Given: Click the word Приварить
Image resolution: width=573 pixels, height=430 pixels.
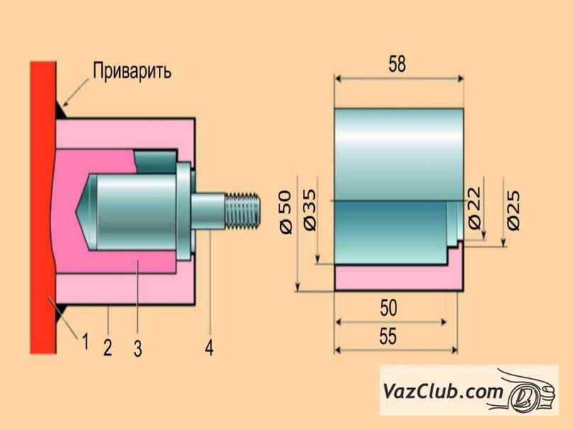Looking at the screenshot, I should [x=131, y=72].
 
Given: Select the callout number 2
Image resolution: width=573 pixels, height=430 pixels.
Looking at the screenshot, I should [x=107, y=347].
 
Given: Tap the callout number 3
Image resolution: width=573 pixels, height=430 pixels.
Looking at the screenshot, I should [x=138, y=348].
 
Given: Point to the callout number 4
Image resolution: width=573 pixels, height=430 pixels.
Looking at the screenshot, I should [x=210, y=348].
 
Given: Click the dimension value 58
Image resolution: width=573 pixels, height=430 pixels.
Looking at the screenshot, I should [x=397, y=65].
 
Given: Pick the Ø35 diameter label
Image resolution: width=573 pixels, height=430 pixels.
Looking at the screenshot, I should [x=309, y=211].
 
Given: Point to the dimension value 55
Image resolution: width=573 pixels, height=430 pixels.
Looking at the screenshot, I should [x=387, y=338].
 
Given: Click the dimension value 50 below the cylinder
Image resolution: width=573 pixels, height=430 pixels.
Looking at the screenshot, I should [x=388, y=309].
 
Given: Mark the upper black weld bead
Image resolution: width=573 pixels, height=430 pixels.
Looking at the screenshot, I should [x=61, y=111].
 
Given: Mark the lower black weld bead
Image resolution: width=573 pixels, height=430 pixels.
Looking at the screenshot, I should [x=61, y=310].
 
